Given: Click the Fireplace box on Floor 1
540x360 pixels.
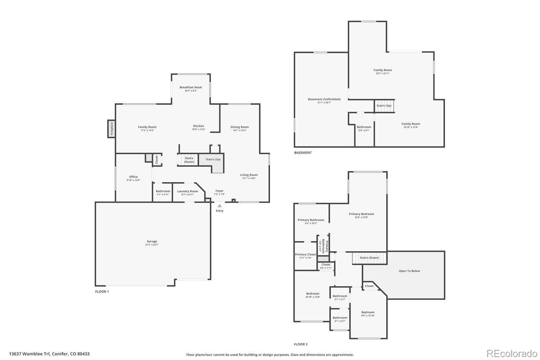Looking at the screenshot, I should point(111,129).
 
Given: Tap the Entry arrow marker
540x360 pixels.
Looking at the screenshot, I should point(219,206).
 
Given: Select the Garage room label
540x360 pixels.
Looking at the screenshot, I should point(152,242).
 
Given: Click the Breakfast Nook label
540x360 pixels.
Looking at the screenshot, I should point(191,87).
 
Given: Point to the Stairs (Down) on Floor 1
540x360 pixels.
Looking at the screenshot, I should point(189,160).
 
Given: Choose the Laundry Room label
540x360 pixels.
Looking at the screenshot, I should point(188,191).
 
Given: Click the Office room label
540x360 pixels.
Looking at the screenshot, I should point(133,177).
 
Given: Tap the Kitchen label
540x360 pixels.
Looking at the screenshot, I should point(198,126).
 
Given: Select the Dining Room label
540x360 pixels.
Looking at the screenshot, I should point(240,127).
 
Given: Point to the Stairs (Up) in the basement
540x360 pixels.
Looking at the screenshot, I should point(384,106).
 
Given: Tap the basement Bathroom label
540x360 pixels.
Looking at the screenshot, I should point(364,127).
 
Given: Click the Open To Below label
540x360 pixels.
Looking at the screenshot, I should point(409,271).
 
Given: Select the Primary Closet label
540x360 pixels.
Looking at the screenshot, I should point(306,255).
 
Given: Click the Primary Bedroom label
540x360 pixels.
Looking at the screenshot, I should point(361,214).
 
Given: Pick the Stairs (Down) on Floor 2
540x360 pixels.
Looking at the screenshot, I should point(369,258).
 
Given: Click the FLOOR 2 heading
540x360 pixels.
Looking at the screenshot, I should point(301,345).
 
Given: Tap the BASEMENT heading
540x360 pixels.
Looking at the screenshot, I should point(303,153).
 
